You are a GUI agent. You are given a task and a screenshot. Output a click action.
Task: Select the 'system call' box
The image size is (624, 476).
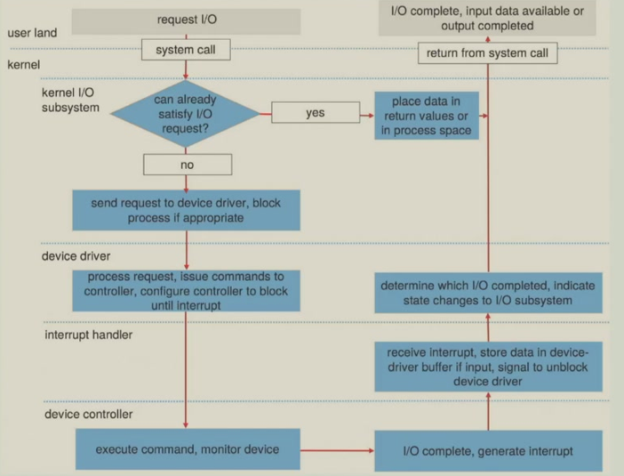point(187,50)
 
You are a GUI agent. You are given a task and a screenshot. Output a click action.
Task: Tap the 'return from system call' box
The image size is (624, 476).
point(488,53)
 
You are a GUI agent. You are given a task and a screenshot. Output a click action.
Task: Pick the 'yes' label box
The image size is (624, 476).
point(315,113)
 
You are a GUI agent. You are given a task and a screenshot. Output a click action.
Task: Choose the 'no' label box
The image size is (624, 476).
point(187,165)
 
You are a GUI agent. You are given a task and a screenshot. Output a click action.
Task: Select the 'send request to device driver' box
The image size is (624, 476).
point(186,210)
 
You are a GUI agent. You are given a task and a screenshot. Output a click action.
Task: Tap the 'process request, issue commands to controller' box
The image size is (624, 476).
point(186,291)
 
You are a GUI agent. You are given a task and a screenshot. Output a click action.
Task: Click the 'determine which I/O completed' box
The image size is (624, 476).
point(488,294)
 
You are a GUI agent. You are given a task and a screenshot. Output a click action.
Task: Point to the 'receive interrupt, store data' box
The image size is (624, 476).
point(488,366)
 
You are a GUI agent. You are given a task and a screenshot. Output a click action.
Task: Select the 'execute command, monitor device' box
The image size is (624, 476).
point(187,449)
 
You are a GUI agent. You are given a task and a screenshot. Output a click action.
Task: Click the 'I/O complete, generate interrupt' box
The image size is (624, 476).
point(488,451)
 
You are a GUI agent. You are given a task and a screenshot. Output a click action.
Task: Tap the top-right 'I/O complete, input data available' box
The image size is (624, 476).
point(488,18)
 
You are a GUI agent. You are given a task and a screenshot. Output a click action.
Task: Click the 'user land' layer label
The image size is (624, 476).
point(32,33)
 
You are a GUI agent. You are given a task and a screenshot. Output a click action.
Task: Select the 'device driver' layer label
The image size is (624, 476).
point(77,255)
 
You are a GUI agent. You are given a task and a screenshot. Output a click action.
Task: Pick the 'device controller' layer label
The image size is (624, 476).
point(88,414)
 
